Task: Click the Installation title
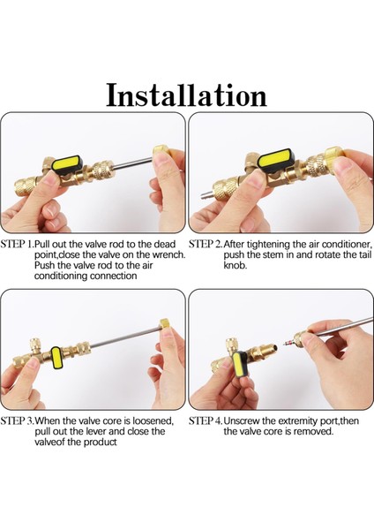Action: point(187,95)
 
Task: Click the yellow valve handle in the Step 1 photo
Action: point(69,163)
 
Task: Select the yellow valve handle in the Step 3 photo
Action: point(56,359)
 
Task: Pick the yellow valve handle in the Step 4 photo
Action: point(240,367)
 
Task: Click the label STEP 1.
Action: point(18,244)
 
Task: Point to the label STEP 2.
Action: point(206,244)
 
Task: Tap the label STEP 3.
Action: point(18,420)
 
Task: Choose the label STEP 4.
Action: point(206,420)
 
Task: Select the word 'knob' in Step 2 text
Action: point(235,265)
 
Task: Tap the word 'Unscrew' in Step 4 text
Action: point(242,420)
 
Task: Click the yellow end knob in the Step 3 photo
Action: point(166,325)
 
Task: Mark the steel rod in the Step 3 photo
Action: point(125,337)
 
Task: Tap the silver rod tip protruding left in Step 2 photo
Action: point(206,195)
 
